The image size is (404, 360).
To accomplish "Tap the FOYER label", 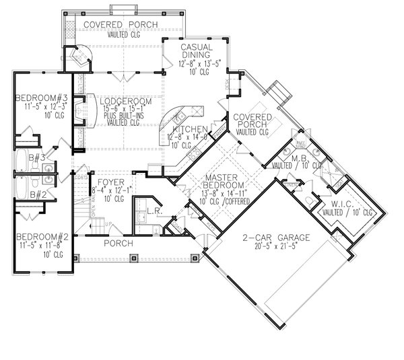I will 109,182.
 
